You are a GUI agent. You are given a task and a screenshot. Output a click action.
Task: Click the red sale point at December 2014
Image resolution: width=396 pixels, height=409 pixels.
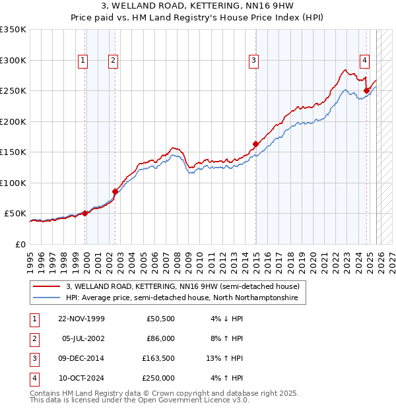tap(255, 143)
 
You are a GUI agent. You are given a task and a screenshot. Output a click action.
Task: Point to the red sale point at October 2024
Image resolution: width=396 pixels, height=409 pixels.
tap(366, 90)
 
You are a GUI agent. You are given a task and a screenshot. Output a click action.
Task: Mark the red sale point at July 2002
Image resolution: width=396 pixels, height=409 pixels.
tap(115, 191)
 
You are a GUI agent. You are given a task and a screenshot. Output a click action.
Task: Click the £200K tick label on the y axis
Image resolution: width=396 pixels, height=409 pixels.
tap(13, 121)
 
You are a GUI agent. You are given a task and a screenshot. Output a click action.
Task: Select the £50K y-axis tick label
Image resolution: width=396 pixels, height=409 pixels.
tap(15, 214)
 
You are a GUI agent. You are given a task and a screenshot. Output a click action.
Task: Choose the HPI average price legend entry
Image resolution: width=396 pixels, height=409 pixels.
tap(181, 298)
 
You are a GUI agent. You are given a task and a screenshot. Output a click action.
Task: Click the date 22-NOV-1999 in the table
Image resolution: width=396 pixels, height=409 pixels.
tap(81, 319)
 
